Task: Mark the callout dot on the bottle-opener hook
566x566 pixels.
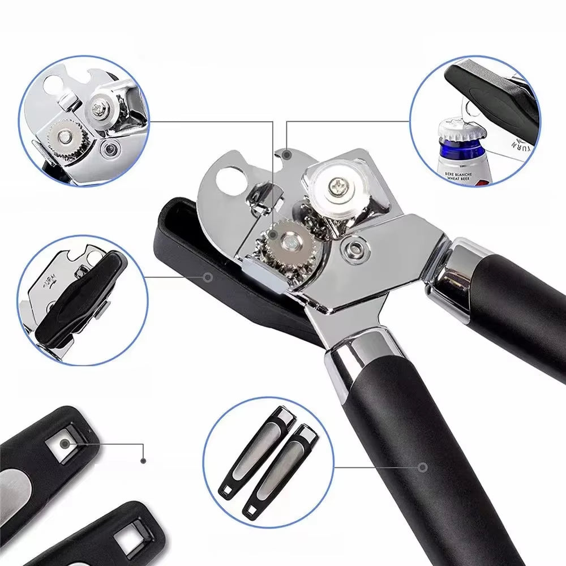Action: click(288, 154)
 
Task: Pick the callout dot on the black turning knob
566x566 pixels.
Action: click(208, 277)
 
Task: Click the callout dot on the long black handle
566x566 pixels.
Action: click(422, 468)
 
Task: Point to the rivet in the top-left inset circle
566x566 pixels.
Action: click(109, 149)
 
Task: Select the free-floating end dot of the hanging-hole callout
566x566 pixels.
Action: click(144, 461)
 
